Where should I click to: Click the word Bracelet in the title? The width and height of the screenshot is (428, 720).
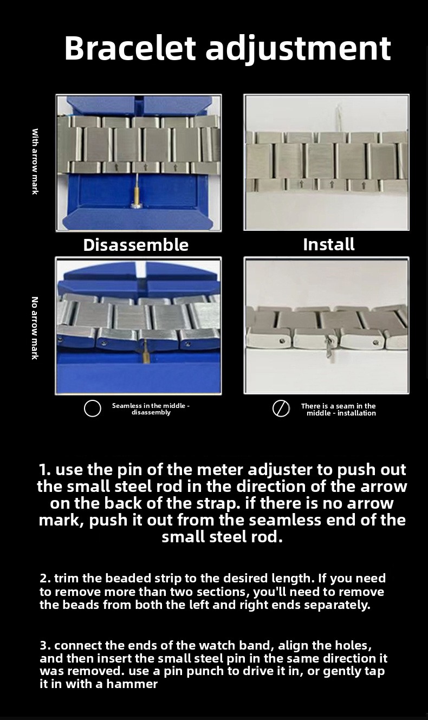[x=130, y=48]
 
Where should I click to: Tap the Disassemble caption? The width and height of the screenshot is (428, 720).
[x=135, y=245]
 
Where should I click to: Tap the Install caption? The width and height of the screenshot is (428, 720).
[x=329, y=244]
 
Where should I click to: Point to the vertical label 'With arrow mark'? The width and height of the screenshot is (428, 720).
[x=35, y=161]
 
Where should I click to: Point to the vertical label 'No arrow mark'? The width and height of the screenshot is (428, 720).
[x=35, y=328]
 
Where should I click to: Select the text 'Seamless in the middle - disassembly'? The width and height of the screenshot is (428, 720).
[x=151, y=409]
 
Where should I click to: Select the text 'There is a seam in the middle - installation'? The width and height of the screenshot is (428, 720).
[x=339, y=410]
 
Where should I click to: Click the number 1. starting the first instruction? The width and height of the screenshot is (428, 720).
[x=44, y=470]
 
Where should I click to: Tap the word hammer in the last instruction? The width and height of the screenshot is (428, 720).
[x=132, y=684]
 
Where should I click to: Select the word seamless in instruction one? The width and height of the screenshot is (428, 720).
[x=284, y=520]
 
